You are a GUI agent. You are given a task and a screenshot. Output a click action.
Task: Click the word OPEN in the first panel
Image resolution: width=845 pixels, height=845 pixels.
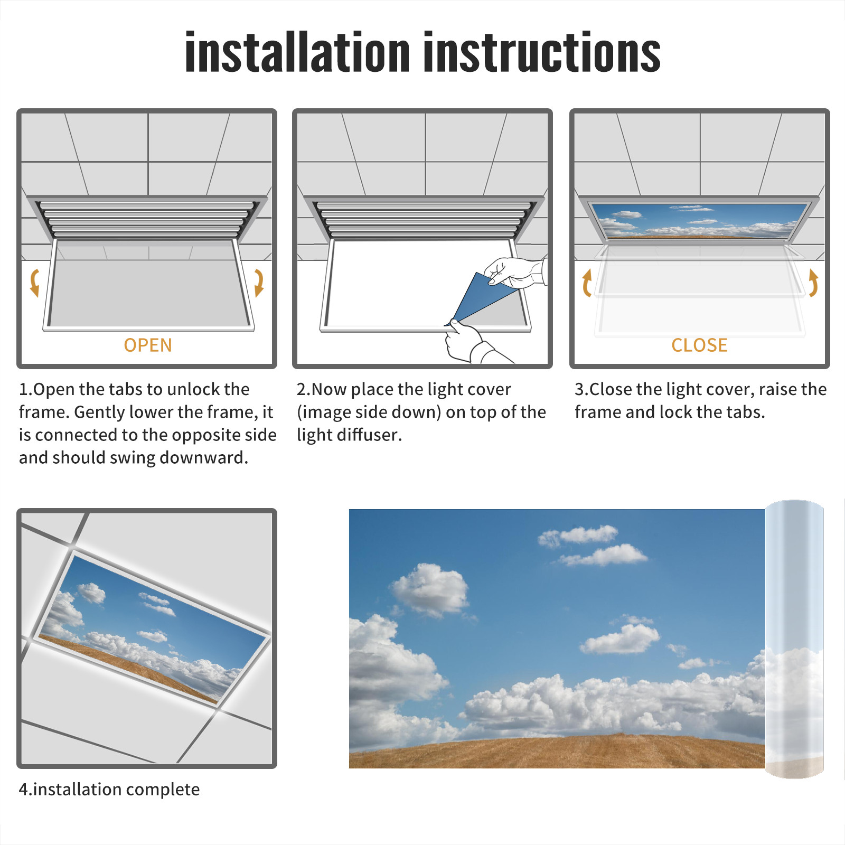(148, 345)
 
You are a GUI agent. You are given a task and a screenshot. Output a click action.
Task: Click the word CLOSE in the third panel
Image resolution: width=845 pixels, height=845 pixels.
(699, 345)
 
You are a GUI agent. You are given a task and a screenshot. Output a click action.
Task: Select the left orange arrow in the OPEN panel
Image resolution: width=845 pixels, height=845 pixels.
(35, 283)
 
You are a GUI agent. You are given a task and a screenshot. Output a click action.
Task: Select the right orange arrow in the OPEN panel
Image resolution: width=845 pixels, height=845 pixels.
(259, 283)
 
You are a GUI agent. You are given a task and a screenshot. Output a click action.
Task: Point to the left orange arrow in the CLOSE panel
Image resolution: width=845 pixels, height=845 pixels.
(587, 283)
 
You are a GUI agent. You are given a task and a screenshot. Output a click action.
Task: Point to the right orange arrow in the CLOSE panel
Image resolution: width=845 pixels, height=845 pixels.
(813, 283)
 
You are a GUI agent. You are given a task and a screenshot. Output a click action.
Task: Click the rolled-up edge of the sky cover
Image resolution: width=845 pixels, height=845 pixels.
(794, 639)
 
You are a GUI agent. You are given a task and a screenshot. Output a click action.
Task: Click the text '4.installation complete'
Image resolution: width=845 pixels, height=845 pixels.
(109, 789)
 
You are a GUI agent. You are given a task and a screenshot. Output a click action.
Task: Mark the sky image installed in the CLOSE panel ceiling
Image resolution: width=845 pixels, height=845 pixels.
(699, 221)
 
